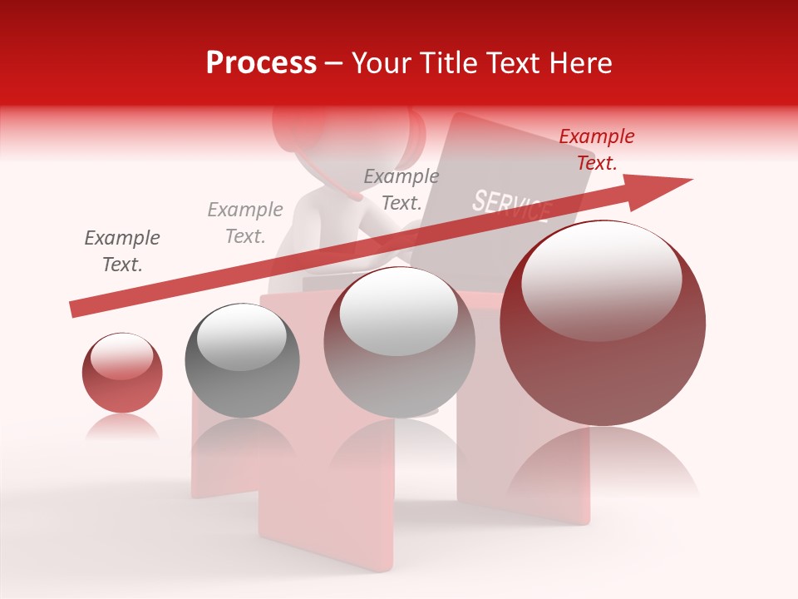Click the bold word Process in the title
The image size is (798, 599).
[261, 63]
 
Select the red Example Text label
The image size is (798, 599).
[597, 149]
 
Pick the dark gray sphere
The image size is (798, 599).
[242, 361]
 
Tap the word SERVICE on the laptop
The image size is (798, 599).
[511, 205]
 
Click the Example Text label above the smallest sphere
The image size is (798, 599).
[122, 251]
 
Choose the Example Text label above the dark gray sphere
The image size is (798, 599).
[245, 223]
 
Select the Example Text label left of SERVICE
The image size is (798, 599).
[401, 189]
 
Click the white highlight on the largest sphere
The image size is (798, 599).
[601, 278]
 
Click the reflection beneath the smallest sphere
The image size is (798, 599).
[122, 428]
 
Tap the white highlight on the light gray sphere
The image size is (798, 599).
[399, 309]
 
